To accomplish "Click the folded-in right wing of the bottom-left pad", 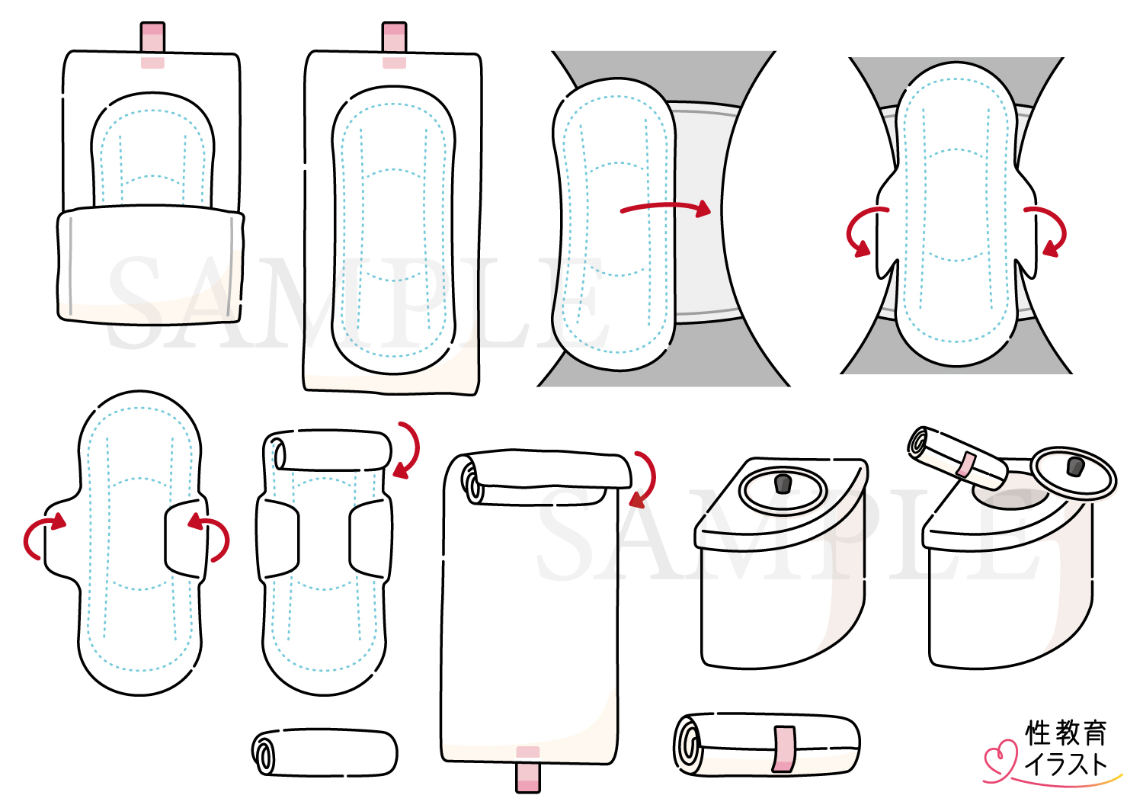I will coord(184,540).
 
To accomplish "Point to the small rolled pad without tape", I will coord(325,753).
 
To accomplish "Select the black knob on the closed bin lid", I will coord(783,483).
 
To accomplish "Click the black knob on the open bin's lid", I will coord(1074,467).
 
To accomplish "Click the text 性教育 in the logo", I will coord(1065,733).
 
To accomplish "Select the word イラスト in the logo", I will coord(1065,764).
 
